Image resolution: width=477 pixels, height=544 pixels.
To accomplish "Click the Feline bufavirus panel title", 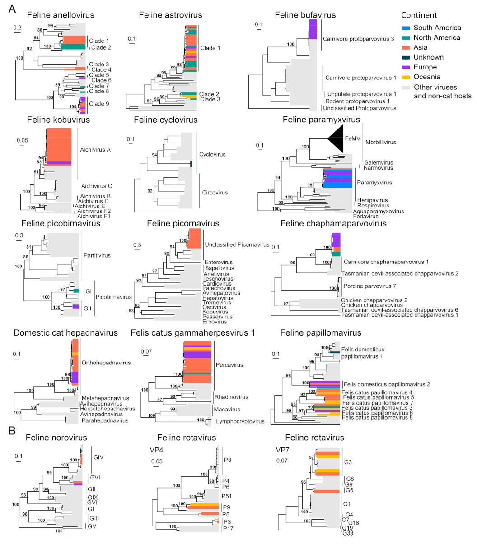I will tap(305, 15).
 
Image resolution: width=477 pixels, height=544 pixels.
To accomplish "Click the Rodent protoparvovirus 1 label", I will tap(351, 101).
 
